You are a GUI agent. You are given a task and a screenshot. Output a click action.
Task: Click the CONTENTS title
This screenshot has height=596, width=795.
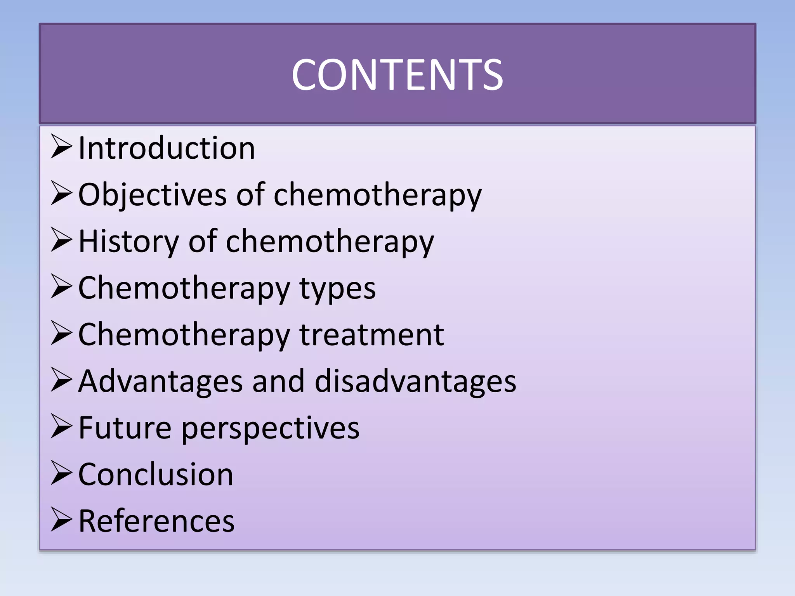[x=397, y=74]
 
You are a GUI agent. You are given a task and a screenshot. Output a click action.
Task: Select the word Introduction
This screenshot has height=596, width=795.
[x=167, y=148]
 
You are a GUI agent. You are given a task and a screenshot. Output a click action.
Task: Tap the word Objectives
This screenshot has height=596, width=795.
[x=152, y=195]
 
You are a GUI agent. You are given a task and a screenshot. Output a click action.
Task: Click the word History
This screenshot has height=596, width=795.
[x=128, y=241]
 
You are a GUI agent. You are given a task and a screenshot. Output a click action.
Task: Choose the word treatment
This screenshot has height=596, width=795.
[x=371, y=334]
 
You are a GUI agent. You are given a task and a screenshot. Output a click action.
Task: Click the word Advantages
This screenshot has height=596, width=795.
[x=161, y=381]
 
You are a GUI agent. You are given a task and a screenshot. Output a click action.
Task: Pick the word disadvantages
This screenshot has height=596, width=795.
[x=415, y=381]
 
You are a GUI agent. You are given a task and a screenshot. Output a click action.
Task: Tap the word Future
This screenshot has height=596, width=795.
[x=125, y=428]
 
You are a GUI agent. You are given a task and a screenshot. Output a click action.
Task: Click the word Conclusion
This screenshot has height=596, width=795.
[x=156, y=474]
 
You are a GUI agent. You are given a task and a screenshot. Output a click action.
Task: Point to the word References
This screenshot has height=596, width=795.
[x=156, y=521]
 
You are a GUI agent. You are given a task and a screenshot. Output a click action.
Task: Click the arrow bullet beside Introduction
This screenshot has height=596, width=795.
[x=61, y=147]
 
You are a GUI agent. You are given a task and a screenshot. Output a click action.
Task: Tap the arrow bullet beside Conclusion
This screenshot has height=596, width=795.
[x=61, y=473]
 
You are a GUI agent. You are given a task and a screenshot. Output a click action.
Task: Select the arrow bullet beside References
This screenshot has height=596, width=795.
[x=61, y=520]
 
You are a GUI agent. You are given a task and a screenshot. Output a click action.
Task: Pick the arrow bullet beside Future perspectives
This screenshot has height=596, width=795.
[x=61, y=426]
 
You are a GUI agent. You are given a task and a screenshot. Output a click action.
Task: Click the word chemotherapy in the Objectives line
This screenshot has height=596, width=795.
[x=377, y=195]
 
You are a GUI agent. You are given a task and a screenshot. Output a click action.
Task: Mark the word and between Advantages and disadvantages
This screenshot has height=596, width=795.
[x=278, y=381]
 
